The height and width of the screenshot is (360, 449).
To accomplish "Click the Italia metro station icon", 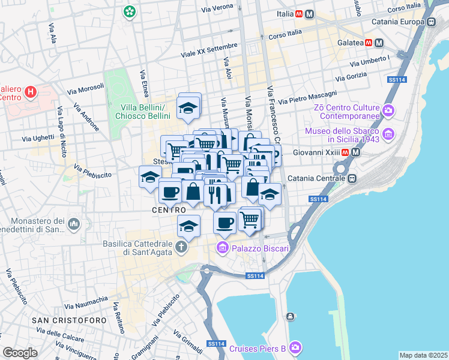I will point(309,14).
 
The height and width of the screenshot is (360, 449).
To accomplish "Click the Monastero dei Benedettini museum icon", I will point(74,223).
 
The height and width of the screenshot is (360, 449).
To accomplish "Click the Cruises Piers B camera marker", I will point(294,347).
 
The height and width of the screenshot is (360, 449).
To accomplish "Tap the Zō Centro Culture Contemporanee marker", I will point(388,110).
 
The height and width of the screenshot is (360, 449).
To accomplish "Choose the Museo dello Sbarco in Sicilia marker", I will point(388,133).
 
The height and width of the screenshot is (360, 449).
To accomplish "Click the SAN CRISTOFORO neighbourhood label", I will point(70,320).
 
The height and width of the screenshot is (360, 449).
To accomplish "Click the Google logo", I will point(20,352).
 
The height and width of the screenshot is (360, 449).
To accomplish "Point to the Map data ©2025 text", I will point(423,355).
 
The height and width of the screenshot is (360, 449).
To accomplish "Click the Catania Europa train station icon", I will point(431,22).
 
